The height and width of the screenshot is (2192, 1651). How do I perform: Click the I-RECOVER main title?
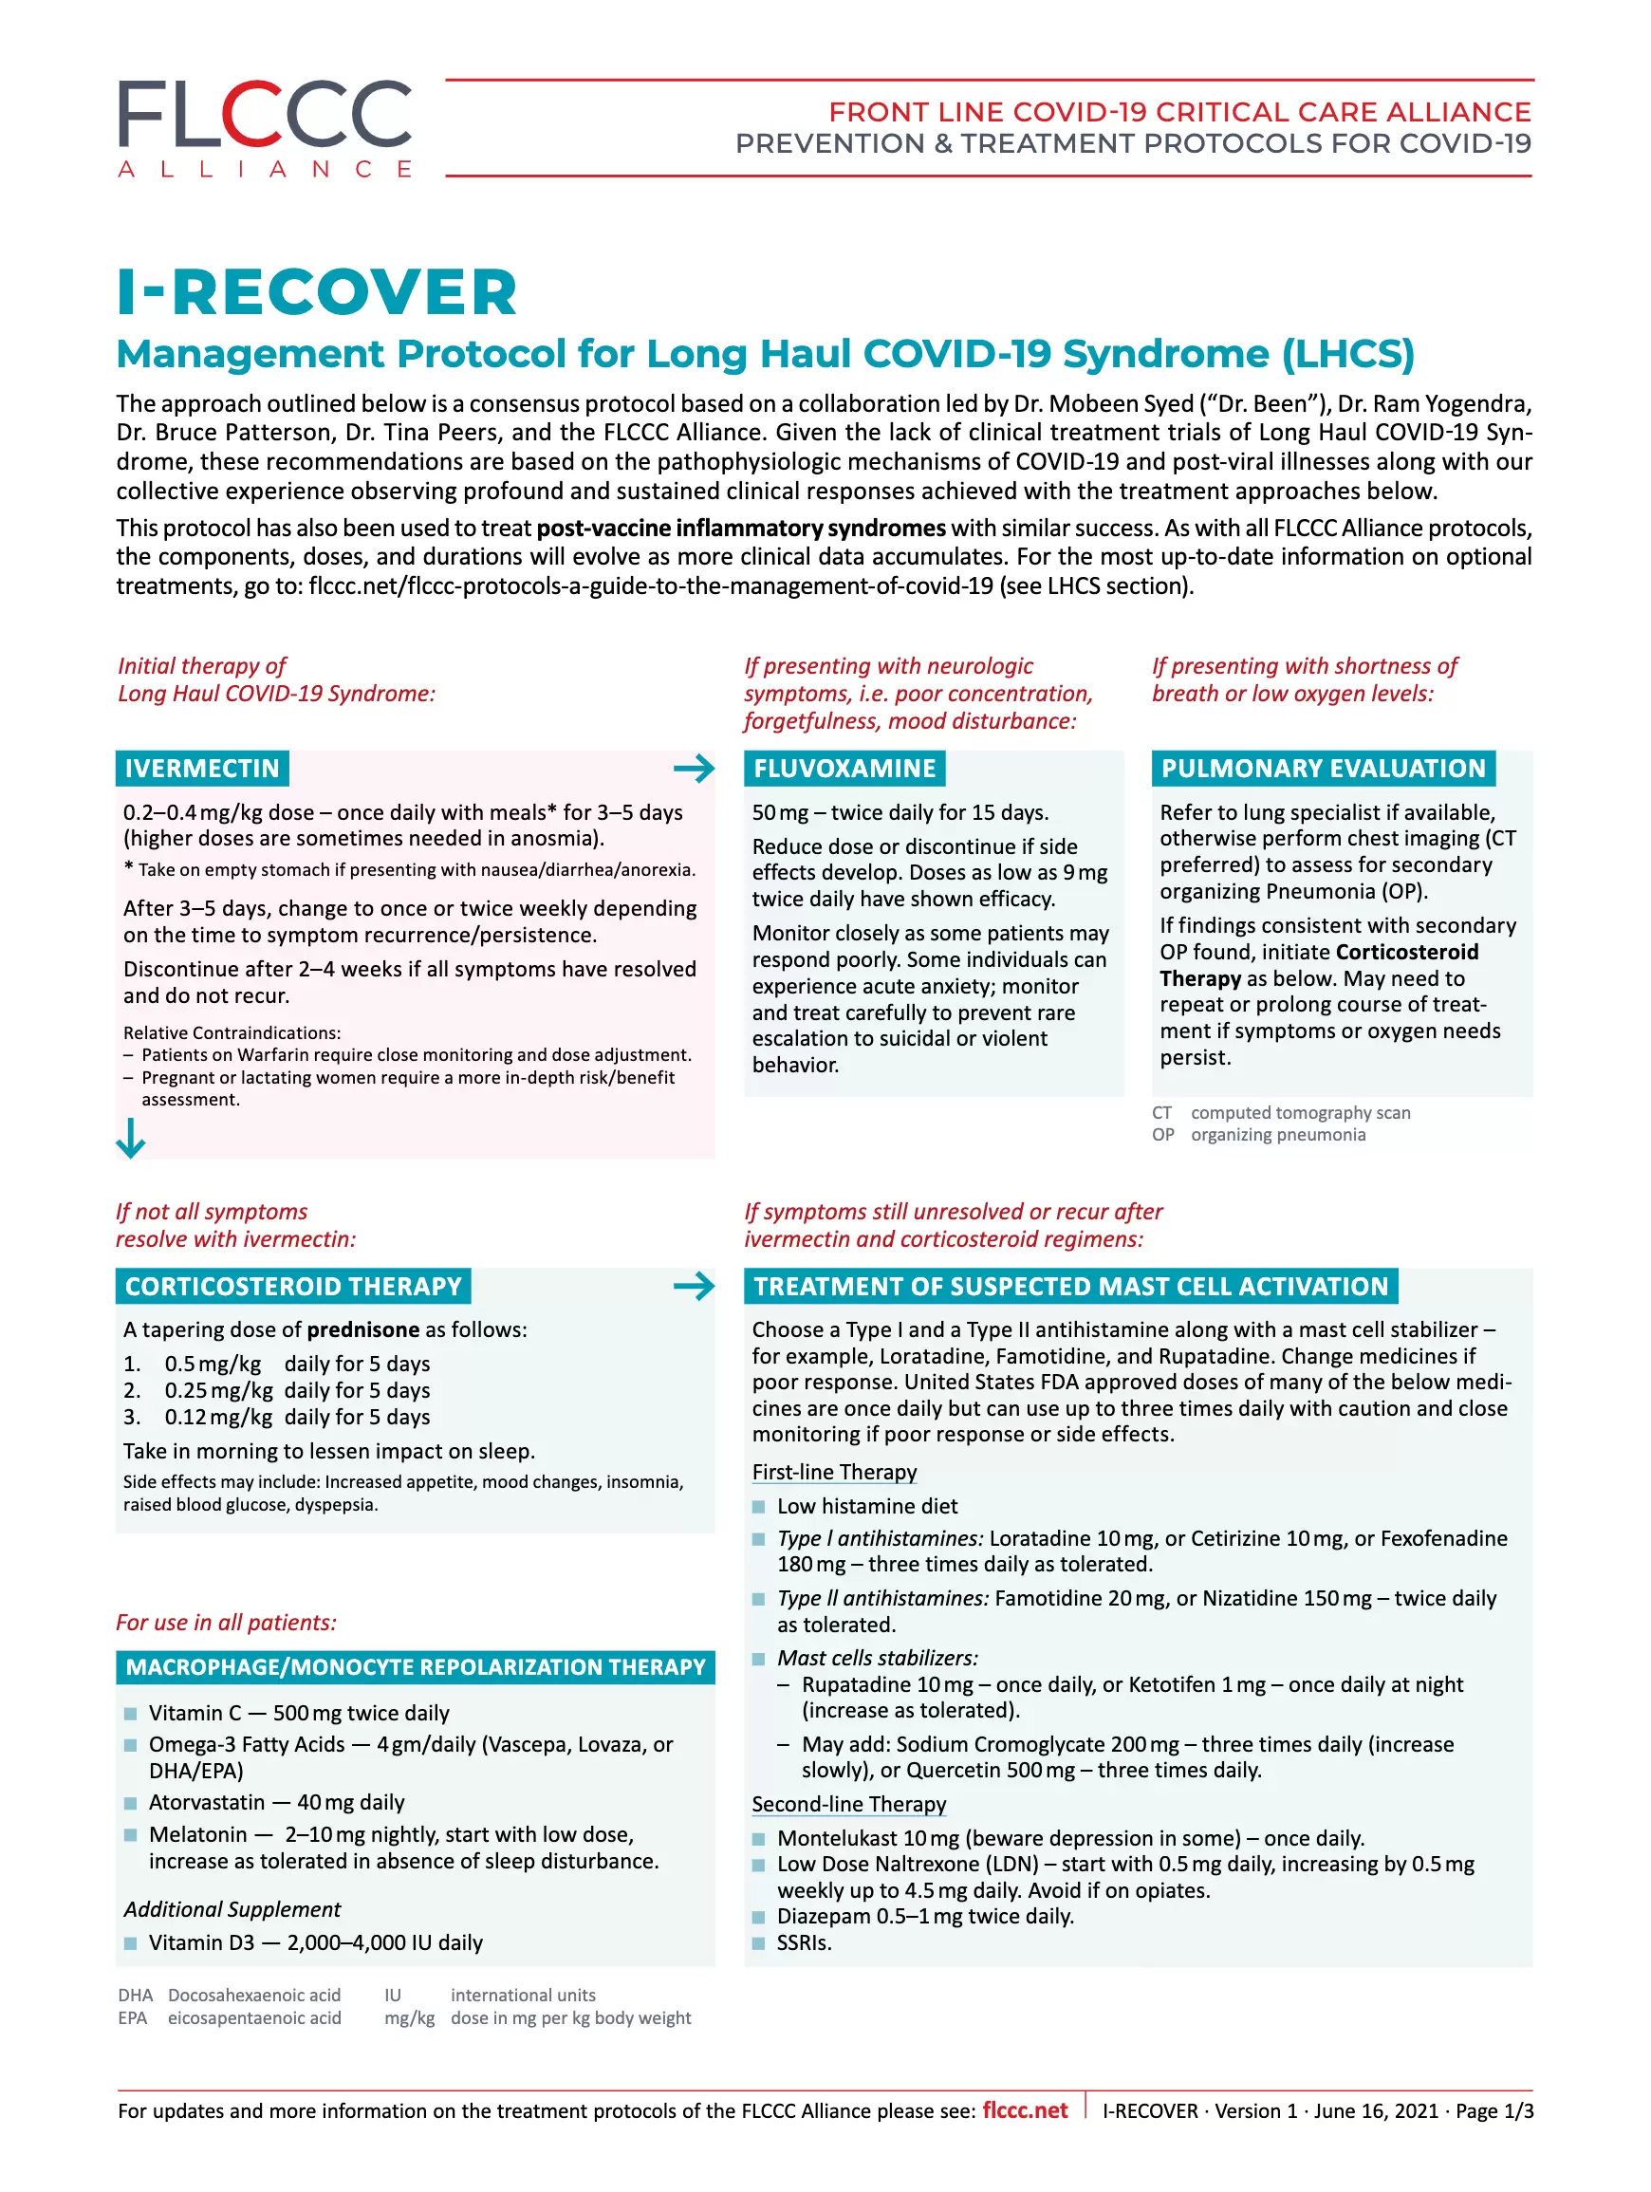[317, 292]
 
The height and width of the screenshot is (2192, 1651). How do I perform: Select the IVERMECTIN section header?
[202, 768]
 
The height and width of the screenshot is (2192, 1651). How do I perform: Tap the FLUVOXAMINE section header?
[844, 768]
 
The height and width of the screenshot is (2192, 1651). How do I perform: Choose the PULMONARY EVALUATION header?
[1323, 768]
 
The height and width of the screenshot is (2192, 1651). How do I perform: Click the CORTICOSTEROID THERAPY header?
[293, 1287]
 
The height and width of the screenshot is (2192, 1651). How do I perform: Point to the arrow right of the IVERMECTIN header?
[694, 768]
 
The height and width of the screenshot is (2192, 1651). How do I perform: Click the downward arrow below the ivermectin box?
[131, 1138]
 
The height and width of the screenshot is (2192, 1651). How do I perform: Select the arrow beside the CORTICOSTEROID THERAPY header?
[694, 1287]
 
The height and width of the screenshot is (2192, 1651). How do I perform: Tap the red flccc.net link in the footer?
[1025, 2110]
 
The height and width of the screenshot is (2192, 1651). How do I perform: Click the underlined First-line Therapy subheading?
[834, 1473]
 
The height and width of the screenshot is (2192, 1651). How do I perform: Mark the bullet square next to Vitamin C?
[131, 1715]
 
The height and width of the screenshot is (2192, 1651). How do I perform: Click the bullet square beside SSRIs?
[758, 1943]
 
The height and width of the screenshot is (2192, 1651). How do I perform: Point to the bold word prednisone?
[362, 1329]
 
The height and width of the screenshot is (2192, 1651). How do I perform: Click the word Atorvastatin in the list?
[206, 1803]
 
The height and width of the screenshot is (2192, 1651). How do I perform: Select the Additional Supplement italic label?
[232, 1909]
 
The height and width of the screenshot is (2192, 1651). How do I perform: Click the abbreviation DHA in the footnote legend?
[135, 1996]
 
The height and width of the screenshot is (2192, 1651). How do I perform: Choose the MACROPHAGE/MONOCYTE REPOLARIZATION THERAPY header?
[416, 1668]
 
